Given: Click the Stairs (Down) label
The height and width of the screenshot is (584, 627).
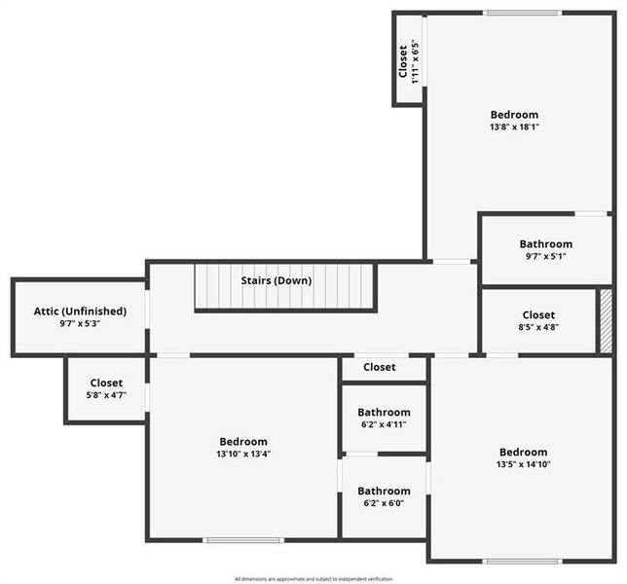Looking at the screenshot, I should coord(277,280).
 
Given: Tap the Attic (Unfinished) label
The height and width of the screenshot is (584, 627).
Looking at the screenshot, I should coord(80,310).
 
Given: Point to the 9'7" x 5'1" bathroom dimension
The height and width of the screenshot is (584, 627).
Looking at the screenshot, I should coord(545,257).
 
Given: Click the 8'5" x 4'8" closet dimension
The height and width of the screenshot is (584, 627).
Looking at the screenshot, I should coord(538,328).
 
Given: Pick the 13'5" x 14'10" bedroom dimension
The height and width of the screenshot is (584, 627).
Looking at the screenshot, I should coord(524,464).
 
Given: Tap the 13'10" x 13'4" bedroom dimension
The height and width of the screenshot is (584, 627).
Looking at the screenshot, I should coord(242,454).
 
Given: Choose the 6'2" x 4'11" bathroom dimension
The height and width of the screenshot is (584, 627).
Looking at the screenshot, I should coord(384,424).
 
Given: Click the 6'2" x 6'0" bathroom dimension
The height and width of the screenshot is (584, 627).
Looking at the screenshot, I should coord(384,503).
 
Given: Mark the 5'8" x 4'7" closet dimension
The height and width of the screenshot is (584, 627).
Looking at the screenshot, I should coord(105,395).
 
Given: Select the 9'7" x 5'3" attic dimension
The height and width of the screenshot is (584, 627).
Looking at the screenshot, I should coord(80,323).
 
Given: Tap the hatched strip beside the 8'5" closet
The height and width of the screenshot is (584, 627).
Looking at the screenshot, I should coord(606,320).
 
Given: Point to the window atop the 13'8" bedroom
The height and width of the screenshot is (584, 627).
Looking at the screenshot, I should coord(523,13).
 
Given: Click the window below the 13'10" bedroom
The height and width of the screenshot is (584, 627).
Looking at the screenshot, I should coord(242,540).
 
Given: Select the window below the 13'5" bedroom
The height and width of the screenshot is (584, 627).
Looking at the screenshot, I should coord(522,561).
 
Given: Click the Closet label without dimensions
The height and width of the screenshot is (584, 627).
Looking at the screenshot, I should coord(380,367).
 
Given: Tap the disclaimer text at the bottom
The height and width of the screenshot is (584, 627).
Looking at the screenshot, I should coord(313,578).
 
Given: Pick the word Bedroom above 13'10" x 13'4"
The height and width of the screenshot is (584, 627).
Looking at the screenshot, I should coord(242,442).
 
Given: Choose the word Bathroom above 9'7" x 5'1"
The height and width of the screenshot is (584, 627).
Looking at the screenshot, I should coord(545,244).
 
